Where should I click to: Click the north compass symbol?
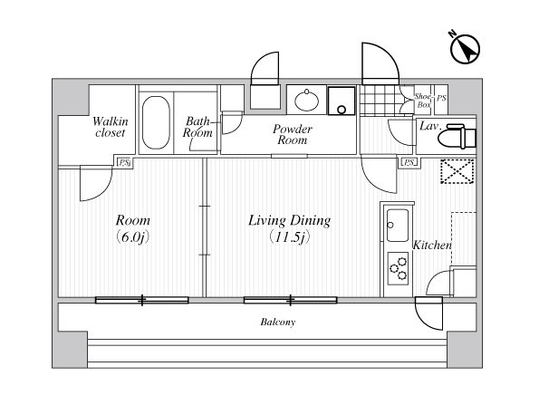(x=465, y=49)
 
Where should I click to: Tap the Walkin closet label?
(x=110, y=127)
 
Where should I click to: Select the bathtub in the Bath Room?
(x=156, y=122)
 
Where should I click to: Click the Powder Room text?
(x=293, y=134)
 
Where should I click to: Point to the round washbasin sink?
(x=306, y=100)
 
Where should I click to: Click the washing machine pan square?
(x=342, y=101)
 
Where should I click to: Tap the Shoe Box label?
(x=423, y=101)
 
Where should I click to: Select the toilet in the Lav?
(x=457, y=136)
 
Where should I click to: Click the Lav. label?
(x=430, y=126)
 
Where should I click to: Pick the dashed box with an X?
(x=457, y=171)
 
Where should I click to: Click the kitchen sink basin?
(x=398, y=226)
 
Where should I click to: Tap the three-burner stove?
(x=398, y=268)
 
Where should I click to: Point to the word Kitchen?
(x=432, y=246)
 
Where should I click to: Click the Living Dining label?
(x=290, y=220)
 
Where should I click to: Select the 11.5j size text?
(x=290, y=237)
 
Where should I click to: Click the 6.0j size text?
(x=132, y=237)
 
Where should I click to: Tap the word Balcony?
(x=278, y=323)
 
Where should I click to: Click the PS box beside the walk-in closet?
(x=123, y=162)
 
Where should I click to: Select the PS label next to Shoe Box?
(x=441, y=98)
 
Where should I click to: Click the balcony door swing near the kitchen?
(x=429, y=313)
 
